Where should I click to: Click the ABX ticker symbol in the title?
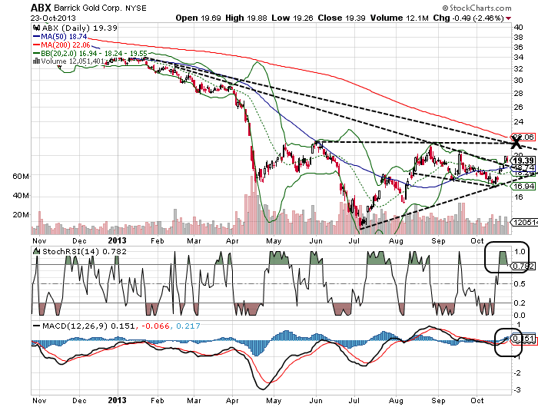coord(41,8)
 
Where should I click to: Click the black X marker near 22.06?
coord(516,143)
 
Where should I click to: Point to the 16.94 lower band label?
coord(524,186)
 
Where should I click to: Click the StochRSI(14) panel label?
coord(62,251)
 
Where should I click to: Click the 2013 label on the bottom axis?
coord(117,400)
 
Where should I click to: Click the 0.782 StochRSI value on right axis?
coord(523,266)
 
